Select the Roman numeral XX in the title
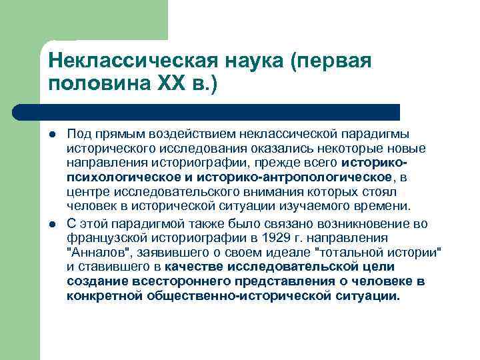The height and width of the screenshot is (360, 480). pyautogui.click(x=173, y=85)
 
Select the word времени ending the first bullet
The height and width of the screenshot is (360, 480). pyautogui.click(x=385, y=206)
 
